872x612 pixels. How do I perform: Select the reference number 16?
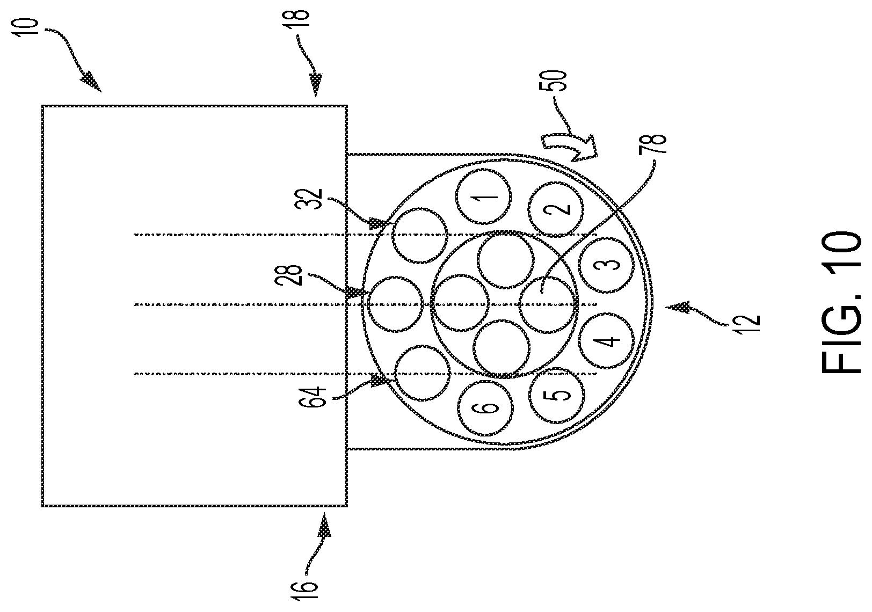click(308, 590)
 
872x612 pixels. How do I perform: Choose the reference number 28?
click(293, 275)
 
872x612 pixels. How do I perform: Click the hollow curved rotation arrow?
click(569, 149)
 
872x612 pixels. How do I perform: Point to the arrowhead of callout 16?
click(324, 526)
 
